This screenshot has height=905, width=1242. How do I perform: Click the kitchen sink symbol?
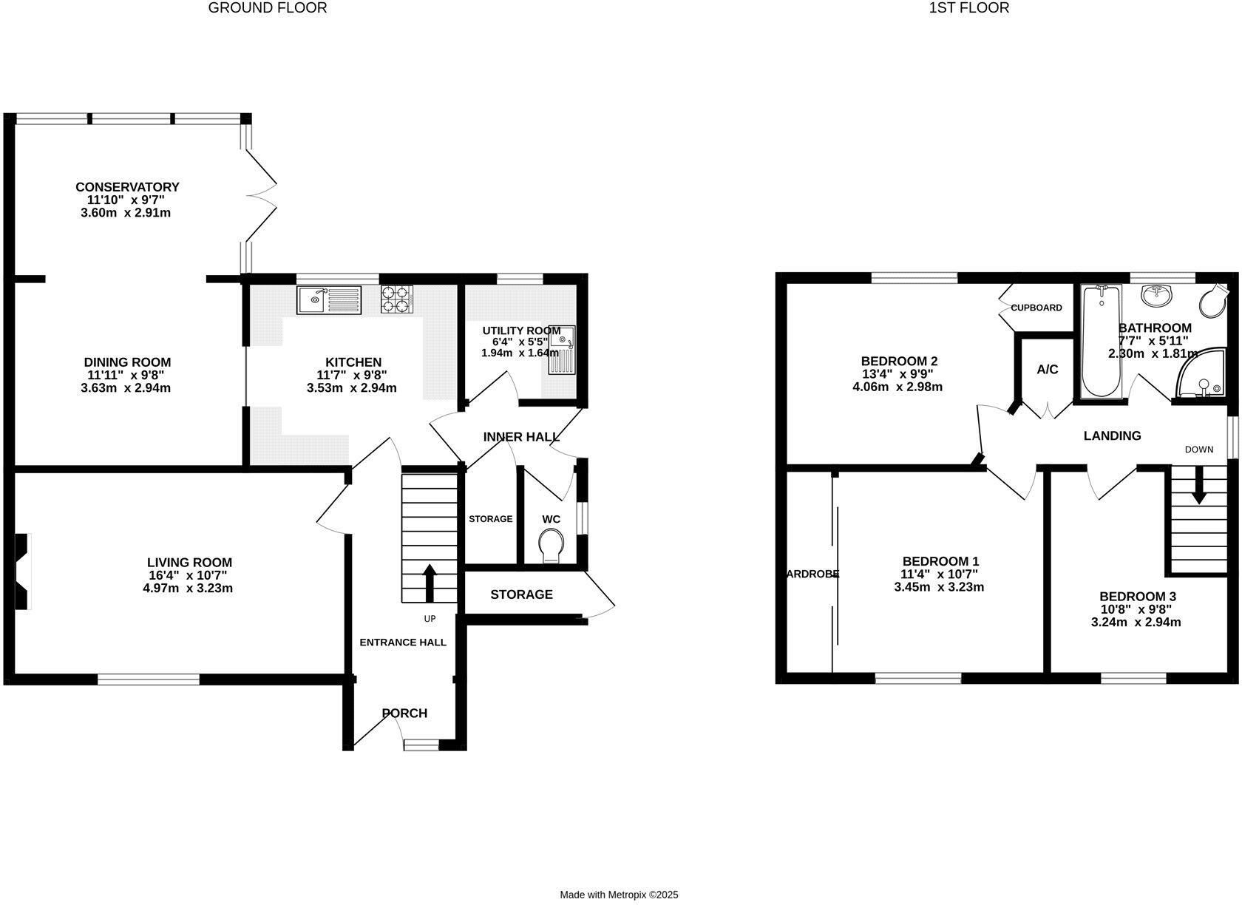328,300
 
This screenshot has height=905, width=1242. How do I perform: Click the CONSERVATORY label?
127,187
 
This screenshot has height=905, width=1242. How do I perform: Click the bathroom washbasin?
1156,296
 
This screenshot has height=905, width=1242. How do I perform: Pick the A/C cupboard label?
1047,370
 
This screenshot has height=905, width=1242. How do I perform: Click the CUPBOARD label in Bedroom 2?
1036,308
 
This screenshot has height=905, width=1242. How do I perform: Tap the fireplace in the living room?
24,572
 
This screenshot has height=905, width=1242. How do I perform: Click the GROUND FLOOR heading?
268,8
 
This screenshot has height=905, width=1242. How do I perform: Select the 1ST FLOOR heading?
968,8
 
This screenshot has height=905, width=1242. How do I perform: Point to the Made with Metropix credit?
619,874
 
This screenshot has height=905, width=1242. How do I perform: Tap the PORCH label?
404,714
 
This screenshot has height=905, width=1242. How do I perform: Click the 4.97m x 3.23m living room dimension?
188,589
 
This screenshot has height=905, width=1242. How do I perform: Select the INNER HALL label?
521,437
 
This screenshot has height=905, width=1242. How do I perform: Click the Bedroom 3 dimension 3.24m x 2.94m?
1136,623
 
